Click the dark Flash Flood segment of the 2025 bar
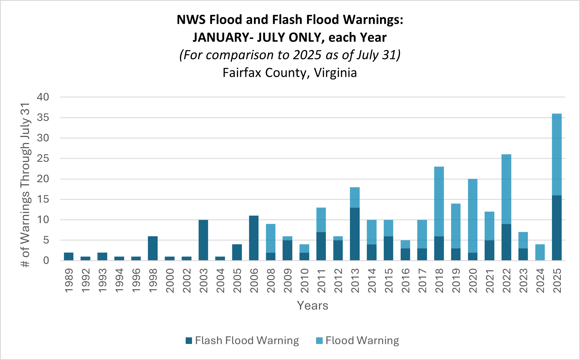(x=557, y=228)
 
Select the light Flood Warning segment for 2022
(x=506, y=189)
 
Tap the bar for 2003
(x=203, y=240)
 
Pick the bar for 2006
(x=254, y=238)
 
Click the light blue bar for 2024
(x=540, y=252)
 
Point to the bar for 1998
(x=153, y=248)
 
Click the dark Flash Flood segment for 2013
(x=354, y=234)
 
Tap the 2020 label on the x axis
(x=473, y=281)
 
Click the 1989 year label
(x=69, y=281)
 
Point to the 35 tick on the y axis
(x=43, y=118)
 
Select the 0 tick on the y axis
(x=46, y=261)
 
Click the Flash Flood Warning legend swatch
(x=189, y=341)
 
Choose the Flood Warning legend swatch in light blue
(x=319, y=341)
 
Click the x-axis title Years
(x=312, y=306)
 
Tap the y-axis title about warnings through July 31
(x=26, y=185)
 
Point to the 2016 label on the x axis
(x=405, y=281)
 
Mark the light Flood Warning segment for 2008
(x=271, y=238)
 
